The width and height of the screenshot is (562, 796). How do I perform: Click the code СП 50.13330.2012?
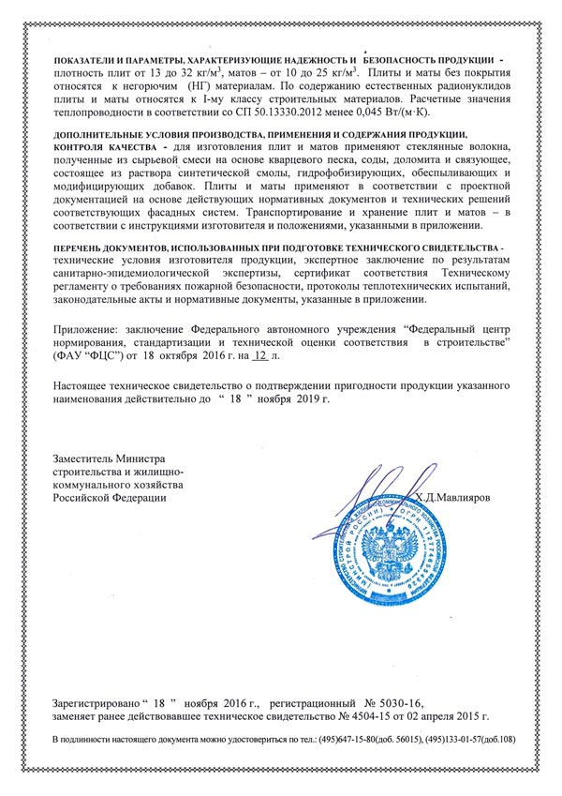277,111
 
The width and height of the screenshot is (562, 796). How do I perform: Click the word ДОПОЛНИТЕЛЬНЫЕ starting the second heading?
106,135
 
